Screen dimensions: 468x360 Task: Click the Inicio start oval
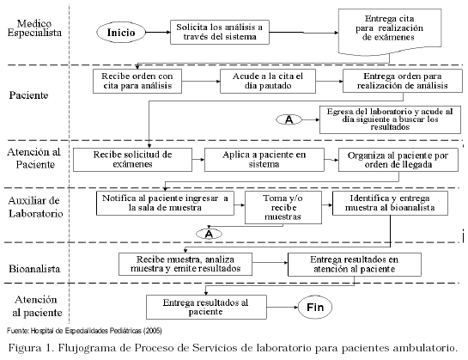tap(121, 33)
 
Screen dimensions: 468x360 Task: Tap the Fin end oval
tap(315, 307)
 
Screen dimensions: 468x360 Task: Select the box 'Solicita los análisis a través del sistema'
tap(220, 33)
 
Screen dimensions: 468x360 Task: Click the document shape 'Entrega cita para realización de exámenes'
tap(390, 32)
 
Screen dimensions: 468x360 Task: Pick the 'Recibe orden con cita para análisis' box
tap(137, 81)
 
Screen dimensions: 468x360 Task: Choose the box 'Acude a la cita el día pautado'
tap(268, 81)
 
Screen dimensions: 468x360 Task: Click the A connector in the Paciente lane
tap(289, 119)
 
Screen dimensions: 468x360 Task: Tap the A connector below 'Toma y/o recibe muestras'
tap(209, 234)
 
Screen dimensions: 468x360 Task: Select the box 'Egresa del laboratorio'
tap(390, 119)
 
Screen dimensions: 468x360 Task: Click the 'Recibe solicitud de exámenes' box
tap(132, 160)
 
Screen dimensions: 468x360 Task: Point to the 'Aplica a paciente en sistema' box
tap(264, 160)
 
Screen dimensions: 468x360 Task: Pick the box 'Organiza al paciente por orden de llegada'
tap(398, 160)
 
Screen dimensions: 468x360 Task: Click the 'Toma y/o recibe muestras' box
tap(283, 207)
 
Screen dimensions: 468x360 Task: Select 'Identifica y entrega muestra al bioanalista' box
tap(390, 203)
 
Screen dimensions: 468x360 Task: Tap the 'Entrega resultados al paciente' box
tap(206, 307)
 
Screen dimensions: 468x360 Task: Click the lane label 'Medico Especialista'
tap(34, 28)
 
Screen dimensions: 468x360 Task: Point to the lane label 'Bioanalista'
tap(34, 269)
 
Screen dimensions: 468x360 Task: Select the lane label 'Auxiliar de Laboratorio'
tap(35, 207)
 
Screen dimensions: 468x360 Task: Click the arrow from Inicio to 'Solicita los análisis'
tap(158, 33)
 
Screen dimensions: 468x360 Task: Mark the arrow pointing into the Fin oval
tap(283, 307)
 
